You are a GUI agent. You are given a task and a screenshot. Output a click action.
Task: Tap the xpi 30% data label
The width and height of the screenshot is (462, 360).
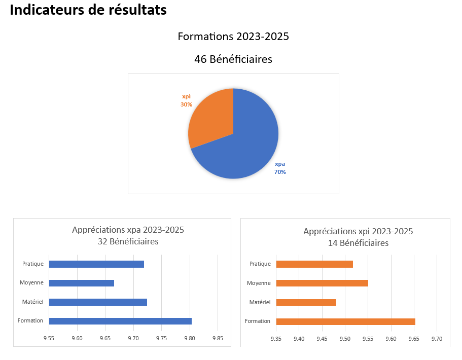coord(186,100)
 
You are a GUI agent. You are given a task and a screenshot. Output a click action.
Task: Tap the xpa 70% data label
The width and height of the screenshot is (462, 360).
coord(280,168)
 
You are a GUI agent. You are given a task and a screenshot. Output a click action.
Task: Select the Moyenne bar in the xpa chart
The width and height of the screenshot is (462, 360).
coord(81,283)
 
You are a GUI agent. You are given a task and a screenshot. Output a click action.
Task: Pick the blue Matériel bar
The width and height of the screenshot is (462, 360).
coord(98,302)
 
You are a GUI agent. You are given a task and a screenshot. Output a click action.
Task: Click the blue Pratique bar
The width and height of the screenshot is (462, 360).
coord(96,264)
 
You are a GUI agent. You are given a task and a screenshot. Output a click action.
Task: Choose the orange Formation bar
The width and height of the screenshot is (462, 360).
coord(345,321)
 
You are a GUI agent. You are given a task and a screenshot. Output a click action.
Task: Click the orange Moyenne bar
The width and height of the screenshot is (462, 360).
coord(322,283)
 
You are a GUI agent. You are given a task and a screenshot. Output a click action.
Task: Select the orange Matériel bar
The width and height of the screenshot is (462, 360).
coord(306,302)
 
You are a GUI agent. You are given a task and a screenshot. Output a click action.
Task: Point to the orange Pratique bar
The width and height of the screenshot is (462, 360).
coord(314,264)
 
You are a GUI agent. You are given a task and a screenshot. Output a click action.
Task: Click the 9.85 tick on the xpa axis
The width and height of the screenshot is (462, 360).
coord(218,338)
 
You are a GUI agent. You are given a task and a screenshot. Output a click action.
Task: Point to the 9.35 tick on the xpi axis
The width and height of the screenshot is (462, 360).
coord(276,338)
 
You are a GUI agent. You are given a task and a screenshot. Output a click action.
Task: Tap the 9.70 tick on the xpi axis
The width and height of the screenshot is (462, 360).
coord(437,338)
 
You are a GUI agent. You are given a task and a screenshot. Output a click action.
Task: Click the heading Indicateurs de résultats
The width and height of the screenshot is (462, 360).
coord(88,10)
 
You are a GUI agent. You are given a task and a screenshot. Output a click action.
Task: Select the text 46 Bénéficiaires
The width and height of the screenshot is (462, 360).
coord(233,59)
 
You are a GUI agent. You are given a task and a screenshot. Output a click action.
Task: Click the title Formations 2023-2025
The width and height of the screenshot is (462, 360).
coord(233,37)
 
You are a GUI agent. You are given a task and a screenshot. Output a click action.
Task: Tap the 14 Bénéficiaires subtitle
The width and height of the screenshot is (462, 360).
coord(358,243)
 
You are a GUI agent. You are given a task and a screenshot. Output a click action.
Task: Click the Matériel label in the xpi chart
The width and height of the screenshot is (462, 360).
coord(260,302)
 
